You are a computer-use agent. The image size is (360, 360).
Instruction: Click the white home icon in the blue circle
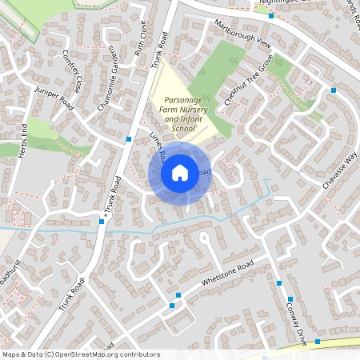click(180, 173)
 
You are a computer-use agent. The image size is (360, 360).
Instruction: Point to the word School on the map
click(182, 128)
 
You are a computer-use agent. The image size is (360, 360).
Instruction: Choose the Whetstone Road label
click(227, 272)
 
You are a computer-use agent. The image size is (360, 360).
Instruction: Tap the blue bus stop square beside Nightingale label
click(271, 15)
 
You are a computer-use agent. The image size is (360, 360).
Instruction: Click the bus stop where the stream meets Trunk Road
click(102, 222)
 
